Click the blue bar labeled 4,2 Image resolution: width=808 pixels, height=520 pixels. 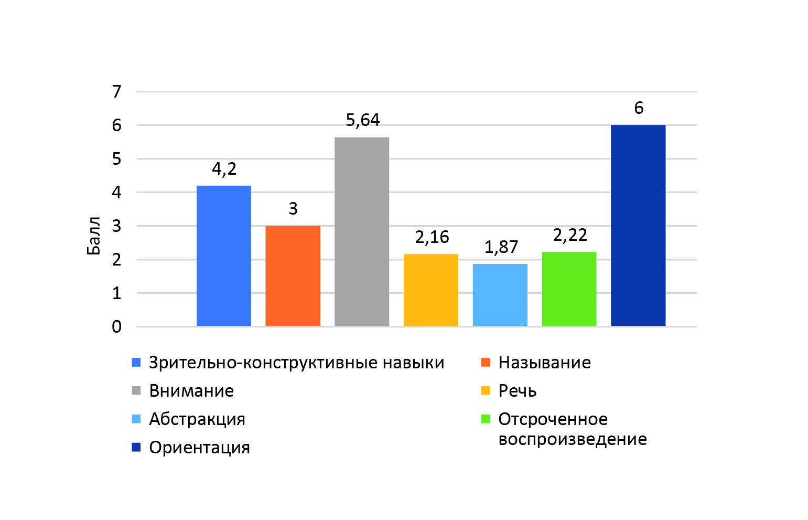(x=223, y=256)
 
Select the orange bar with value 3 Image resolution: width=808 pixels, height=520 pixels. (x=293, y=276)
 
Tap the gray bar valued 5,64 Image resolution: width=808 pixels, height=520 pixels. (x=362, y=232)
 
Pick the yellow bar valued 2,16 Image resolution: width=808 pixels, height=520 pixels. (x=431, y=290)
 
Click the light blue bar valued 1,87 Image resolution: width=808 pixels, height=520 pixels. (x=500, y=295)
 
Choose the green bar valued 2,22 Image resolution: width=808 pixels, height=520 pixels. (x=569, y=289)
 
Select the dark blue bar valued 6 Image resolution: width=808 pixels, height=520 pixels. (x=638, y=226)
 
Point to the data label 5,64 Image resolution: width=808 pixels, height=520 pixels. (x=363, y=120)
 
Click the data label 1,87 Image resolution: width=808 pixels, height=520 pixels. (x=501, y=247)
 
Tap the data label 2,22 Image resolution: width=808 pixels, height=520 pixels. (x=570, y=235)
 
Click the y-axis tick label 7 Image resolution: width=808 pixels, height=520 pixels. (x=116, y=92)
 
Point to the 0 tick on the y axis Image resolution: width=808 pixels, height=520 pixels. (x=116, y=327)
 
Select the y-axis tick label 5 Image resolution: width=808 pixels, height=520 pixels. (x=116, y=159)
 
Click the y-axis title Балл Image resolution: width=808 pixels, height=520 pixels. (x=93, y=236)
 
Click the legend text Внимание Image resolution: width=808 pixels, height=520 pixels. (x=191, y=391)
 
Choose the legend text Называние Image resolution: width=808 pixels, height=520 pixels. (x=544, y=363)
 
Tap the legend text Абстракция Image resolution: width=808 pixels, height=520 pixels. (x=197, y=419)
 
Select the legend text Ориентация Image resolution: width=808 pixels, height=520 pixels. (x=199, y=448)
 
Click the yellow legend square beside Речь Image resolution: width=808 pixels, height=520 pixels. (x=486, y=391)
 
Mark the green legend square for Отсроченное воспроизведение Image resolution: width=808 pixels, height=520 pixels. (x=486, y=419)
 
